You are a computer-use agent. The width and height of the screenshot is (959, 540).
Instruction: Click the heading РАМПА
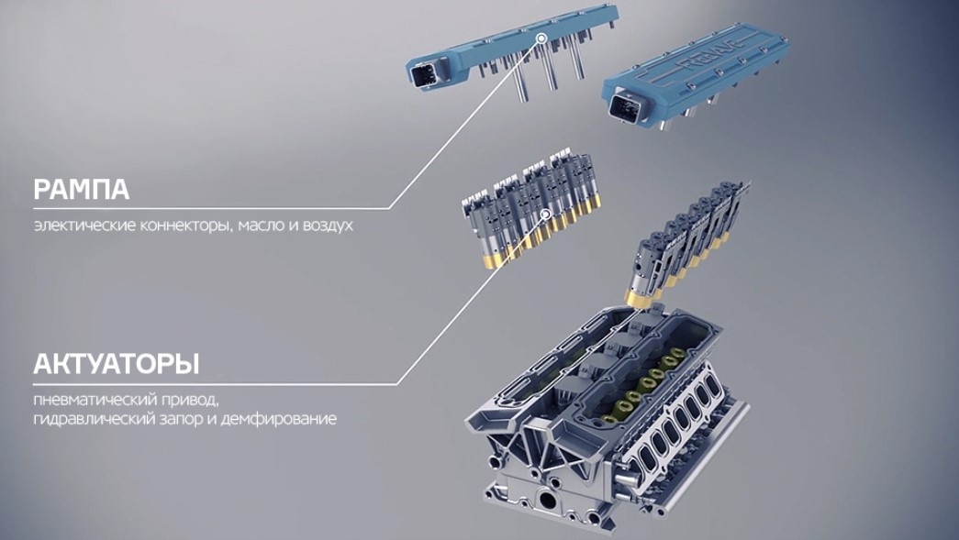point(82,190)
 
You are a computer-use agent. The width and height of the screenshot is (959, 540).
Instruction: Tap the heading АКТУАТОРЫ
point(117,363)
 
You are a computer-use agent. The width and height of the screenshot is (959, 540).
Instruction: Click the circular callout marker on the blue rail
point(541,39)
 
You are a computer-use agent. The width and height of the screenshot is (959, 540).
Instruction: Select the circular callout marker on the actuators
point(546,214)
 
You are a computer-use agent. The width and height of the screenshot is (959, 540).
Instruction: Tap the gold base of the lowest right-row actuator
point(640,299)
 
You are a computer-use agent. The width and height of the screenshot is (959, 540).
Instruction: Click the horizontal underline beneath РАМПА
point(211,209)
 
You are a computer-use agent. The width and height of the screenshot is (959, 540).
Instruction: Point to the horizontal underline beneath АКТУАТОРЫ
point(216,384)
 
